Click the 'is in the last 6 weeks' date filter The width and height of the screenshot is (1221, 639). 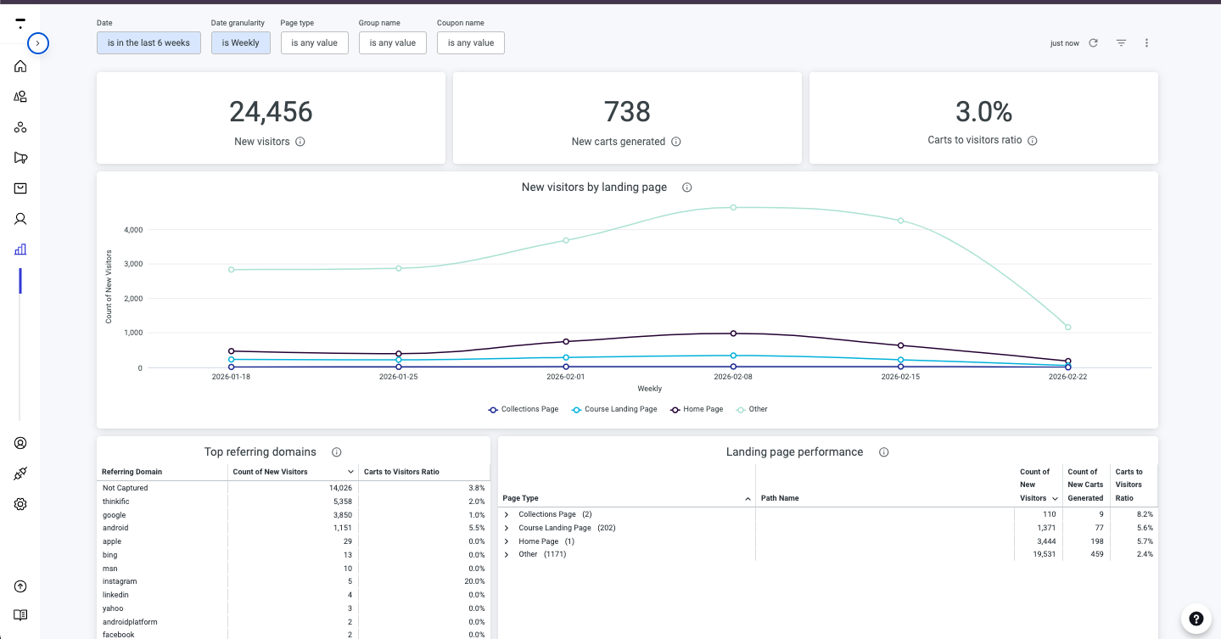148,42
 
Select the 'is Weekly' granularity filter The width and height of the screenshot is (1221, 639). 240,42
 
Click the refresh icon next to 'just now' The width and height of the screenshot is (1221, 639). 1093,42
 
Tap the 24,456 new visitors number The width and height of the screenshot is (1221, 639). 271,112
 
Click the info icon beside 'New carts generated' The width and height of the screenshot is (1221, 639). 676,142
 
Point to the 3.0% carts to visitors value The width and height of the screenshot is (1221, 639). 983,112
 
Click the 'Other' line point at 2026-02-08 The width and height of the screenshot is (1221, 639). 733,207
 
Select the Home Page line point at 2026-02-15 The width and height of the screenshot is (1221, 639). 900,345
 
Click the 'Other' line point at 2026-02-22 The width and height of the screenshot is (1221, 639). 1067,327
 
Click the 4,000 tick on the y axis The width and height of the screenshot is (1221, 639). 133,230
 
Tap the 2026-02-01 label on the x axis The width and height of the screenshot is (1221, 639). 566,377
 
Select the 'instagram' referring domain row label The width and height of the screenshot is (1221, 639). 120,581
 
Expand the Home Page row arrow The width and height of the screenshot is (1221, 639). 507,541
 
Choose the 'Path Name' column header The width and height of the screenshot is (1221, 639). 780,498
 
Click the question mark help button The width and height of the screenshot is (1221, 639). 1196,618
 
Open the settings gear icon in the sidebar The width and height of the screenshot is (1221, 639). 20,504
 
